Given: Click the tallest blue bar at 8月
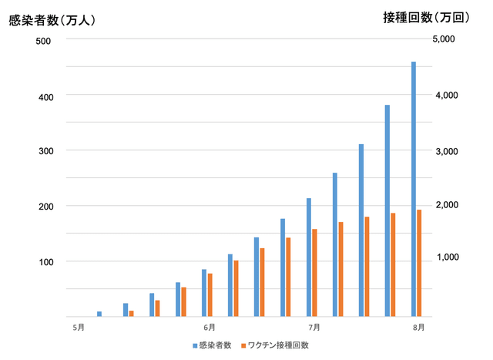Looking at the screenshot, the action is click(414, 189).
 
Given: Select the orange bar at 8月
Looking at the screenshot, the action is click(419, 263).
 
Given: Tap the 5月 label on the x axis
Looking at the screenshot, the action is click(79, 328).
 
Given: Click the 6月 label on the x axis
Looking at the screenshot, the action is click(210, 328).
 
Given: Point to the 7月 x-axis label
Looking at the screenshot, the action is click(314, 328).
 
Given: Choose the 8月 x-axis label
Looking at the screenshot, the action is click(419, 328).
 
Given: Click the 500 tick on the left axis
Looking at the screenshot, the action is click(43, 41).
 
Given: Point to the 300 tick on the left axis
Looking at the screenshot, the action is click(46, 151).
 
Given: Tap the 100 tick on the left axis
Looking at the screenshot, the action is click(46, 262).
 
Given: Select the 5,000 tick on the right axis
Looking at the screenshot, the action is click(444, 39).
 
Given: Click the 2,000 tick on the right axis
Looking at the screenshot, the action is click(447, 205).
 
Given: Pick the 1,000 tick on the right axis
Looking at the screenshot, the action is click(448, 257).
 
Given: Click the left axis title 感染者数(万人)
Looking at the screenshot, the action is click(52, 21).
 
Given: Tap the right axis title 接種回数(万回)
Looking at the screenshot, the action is click(426, 18).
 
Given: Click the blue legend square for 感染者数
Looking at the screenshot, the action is click(195, 346).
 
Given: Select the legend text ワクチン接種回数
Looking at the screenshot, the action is click(278, 345).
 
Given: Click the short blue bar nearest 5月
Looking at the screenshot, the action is click(99, 314).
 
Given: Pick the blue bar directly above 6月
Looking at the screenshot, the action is click(204, 293).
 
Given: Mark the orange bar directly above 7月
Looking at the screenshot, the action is click(314, 273).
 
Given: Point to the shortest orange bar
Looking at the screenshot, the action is click(132, 314).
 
